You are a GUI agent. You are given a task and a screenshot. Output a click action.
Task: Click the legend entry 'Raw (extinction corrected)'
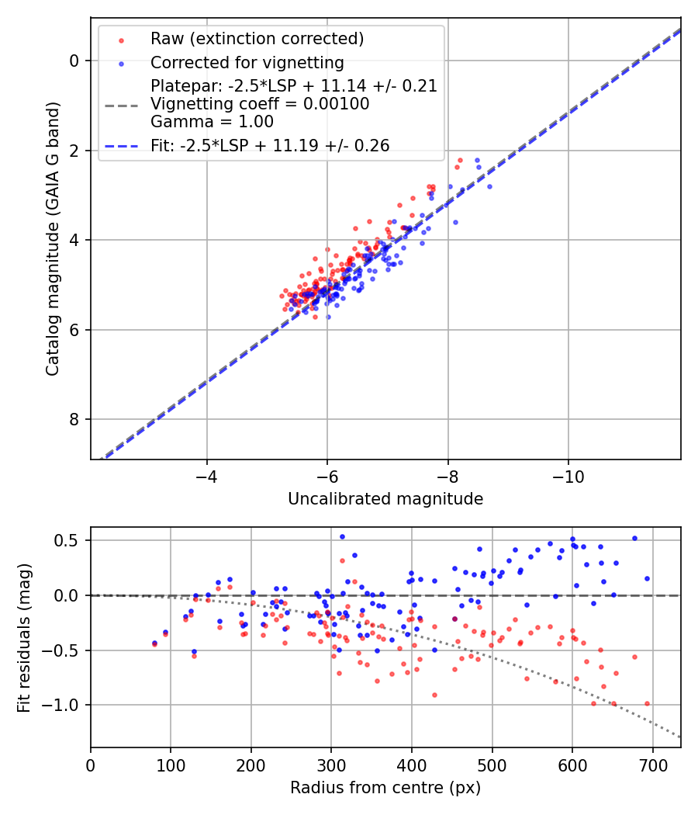[257, 39]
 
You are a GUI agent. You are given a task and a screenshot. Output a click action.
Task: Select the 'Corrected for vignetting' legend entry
[247, 62]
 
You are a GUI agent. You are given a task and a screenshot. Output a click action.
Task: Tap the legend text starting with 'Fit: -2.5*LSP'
[270, 145]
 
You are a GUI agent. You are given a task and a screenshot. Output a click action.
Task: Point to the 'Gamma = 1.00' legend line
[212, 121]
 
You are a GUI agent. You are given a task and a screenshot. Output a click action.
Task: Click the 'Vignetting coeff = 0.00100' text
[260, 103]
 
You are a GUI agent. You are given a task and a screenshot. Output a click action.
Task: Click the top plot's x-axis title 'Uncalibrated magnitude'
[385, 499]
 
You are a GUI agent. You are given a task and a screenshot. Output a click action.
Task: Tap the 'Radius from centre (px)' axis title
[385, 788]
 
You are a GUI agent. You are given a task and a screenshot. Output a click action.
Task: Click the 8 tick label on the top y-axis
[75, 420]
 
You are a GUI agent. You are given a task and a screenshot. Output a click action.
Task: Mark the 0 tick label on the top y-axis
[75, 61]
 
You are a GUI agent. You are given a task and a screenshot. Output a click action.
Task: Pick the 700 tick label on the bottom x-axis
[652, 765]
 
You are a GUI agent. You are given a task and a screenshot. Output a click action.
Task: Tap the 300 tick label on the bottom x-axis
[331, 765]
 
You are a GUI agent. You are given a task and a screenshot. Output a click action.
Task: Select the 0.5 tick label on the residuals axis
[70, 540]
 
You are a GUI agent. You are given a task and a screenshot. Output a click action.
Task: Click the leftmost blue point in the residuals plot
[154, 643]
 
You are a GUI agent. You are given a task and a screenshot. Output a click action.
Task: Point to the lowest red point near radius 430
[434, 695]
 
